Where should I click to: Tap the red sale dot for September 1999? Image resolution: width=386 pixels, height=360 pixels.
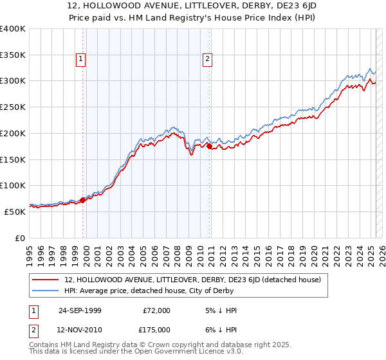[x=83, y=200]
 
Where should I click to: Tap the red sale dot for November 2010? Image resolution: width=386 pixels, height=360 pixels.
[x=210, y=147]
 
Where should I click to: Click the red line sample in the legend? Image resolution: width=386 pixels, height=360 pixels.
[x=46, y=280]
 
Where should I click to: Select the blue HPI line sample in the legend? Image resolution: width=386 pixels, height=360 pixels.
[x=46, y=291]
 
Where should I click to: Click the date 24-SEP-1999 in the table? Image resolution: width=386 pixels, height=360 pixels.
[x=80, y=310]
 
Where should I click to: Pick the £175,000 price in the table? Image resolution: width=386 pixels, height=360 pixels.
[x=156, y=329]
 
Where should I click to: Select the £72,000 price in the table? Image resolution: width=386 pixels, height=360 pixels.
[x=156, y=310]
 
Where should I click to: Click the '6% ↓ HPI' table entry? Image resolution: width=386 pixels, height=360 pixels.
[x=221, y=329]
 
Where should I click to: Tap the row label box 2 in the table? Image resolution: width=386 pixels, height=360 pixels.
[x=34, y=329]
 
